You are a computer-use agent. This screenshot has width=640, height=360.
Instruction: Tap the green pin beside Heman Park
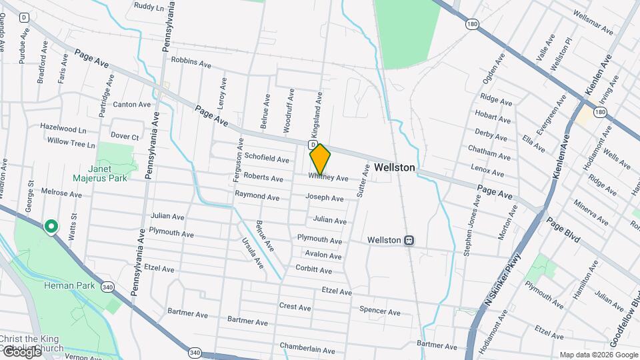coord(51,227)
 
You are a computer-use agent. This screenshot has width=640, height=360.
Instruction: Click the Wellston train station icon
coord(410,240)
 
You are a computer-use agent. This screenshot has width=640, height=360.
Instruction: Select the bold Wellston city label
coord(395,168)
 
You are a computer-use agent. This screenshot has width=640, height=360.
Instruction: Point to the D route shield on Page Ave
coord(312,144)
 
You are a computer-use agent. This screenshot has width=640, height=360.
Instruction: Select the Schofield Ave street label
coord(267,159)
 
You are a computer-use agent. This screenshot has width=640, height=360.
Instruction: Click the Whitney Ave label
coord(328,178)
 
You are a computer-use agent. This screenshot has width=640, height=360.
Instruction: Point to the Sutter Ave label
coord(365,178)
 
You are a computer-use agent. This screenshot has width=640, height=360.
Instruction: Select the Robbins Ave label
coord(191,61)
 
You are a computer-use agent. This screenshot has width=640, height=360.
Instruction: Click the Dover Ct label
coord(125,136)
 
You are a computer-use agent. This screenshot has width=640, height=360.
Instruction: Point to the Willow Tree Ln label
coord(71,141)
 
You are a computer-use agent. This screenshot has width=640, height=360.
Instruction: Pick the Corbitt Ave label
coord(313,270)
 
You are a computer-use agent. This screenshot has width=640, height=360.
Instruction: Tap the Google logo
coord(21,352)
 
